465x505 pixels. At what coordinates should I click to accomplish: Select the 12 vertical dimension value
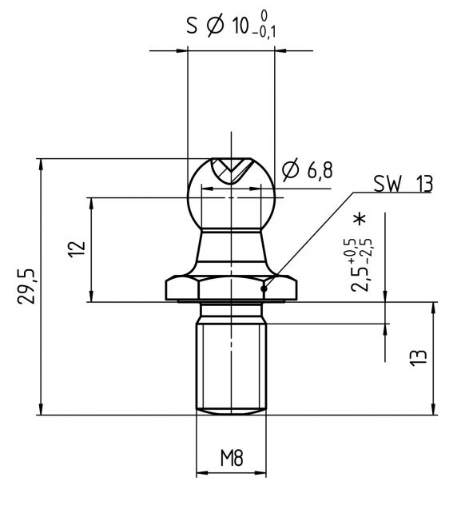click(77, 249)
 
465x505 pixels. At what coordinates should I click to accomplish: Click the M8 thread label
click(231, 459)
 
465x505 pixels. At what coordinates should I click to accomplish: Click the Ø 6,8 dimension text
click(308, 170)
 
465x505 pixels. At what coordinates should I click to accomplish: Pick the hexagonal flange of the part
click(232, 288)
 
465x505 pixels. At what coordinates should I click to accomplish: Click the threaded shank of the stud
click(231, 364)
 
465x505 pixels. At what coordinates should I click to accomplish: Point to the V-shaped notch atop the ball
click(231, 169)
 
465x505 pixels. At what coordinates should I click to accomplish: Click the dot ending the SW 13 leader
click(265, 288)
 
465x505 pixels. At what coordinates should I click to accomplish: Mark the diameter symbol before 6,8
click(291, 170)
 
